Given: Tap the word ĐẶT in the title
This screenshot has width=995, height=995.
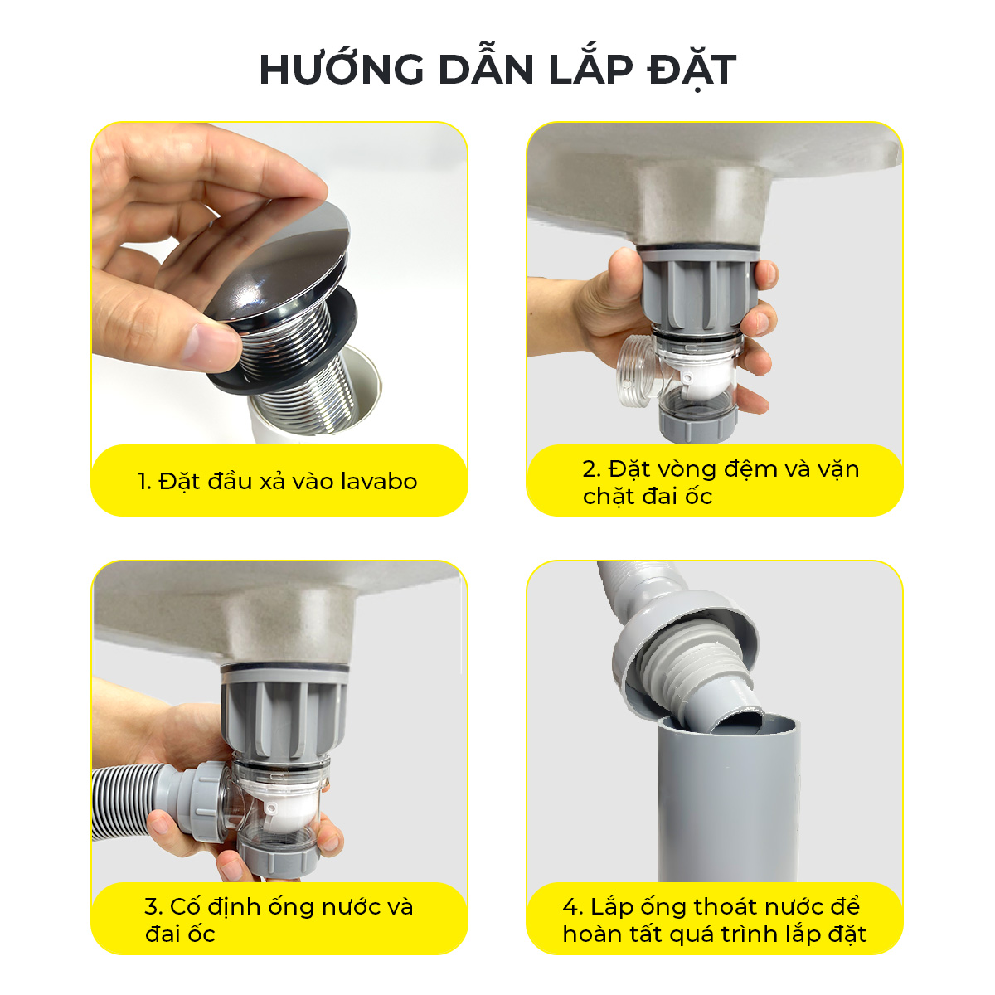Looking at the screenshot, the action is [x=692, y=69].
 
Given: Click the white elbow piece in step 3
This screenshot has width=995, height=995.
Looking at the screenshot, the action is [x=288, y=813].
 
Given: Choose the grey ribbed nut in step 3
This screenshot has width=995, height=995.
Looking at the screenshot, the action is [x=284, y=715].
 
